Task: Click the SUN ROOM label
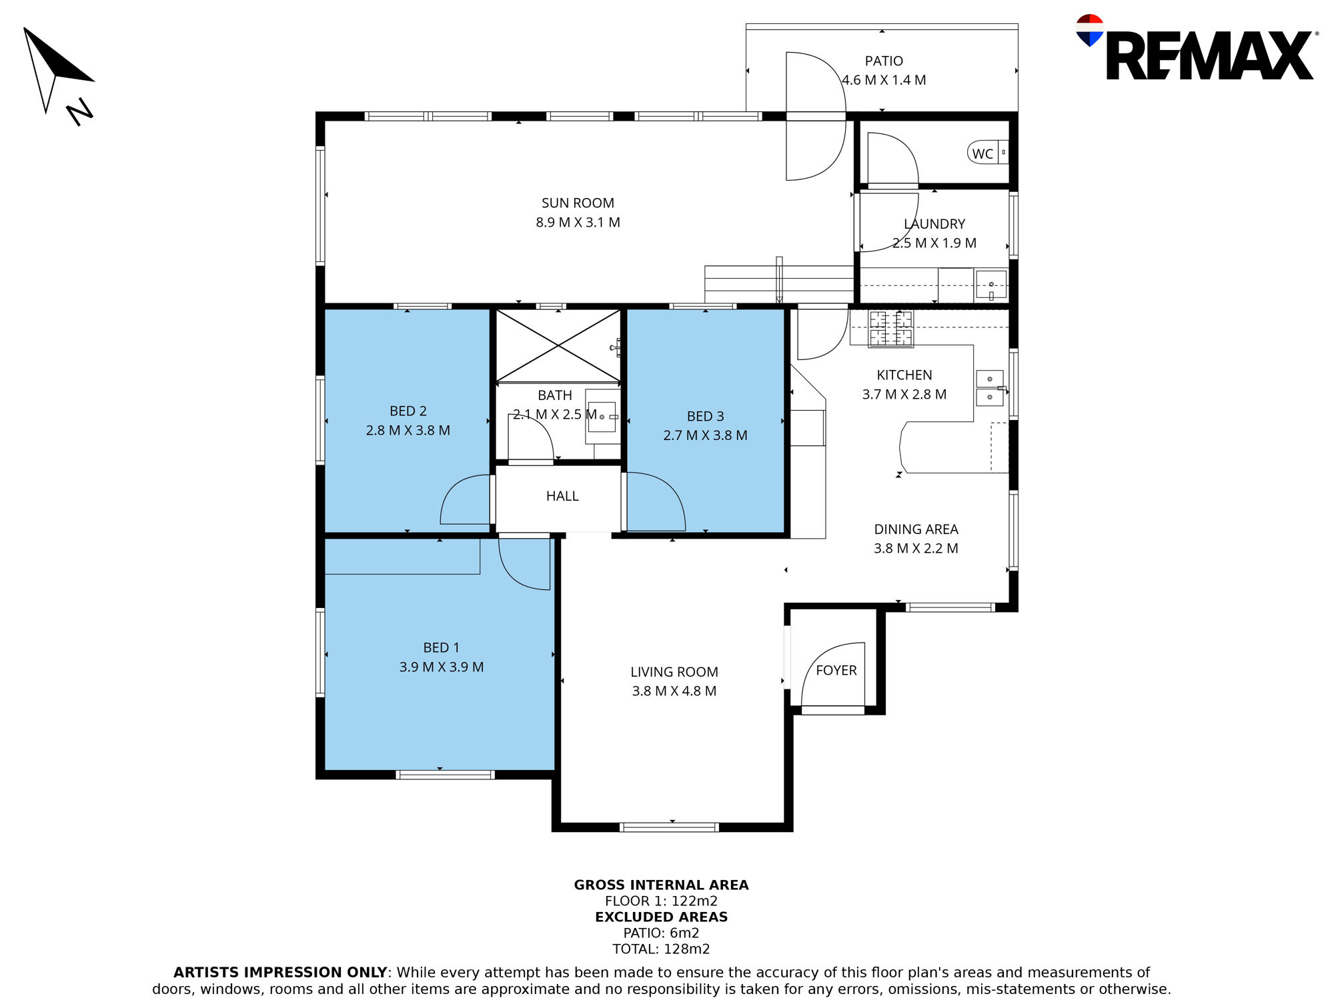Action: coord(578,203)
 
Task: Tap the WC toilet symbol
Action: coord(988,153)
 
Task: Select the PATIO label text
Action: coord(884,61)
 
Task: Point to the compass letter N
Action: coord(80,111)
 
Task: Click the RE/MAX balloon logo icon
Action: coord(1089,30)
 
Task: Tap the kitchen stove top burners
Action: coord(890,329)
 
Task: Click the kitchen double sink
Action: coord(990,388)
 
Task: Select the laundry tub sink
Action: coord(991,285)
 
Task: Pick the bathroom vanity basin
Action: coord(602,417)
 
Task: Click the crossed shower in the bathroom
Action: coord(558,346)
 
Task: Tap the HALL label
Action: coord(562,496)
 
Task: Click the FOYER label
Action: coord(836,670)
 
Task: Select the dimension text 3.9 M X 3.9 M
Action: coord(442,667)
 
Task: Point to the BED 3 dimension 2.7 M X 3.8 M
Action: coord(705,435)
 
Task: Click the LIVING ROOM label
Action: coord(674,672)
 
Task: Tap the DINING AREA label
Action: coord(916,529)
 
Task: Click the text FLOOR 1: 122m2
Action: coord(661,901)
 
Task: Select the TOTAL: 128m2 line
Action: coord(661,949)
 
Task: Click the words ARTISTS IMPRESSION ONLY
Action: coord(280,973)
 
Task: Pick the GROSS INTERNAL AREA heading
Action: coord(661,885)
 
